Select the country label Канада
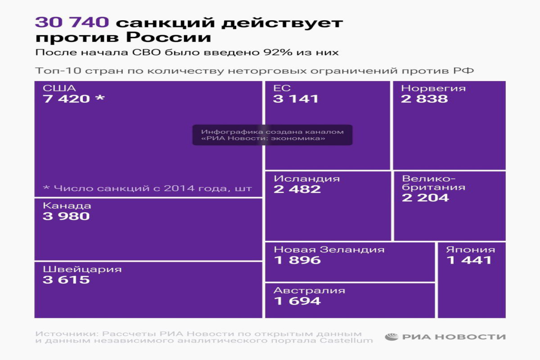67,206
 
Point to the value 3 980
66,216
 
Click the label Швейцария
82,270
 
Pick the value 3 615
66,280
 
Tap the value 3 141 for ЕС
296,99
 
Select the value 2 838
424,99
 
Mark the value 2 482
297,189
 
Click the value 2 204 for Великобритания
425,198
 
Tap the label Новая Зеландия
329,250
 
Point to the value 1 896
297,260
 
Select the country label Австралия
310,291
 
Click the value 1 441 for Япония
469,260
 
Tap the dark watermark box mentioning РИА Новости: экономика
272,135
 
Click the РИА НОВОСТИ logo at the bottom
445,337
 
